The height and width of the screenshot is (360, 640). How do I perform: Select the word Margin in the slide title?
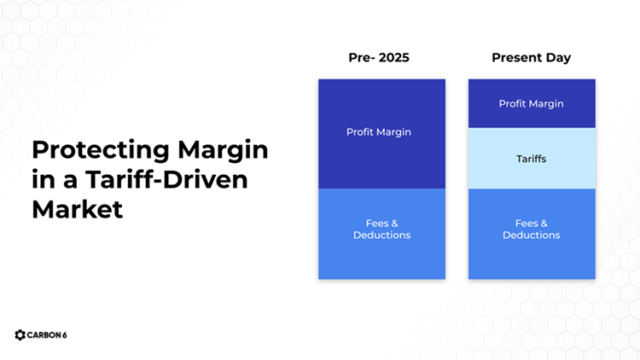223,150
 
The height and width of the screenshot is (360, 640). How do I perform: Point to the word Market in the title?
77,209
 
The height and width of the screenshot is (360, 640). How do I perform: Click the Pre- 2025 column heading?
381,58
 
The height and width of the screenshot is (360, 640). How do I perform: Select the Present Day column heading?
531,58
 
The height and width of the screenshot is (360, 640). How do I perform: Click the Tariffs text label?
532,159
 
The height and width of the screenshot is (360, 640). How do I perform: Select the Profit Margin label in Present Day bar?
532,104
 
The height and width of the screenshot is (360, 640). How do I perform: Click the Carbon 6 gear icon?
20,335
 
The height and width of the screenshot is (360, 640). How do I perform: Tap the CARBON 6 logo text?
47,335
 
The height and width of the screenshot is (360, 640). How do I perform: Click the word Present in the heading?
516,58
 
